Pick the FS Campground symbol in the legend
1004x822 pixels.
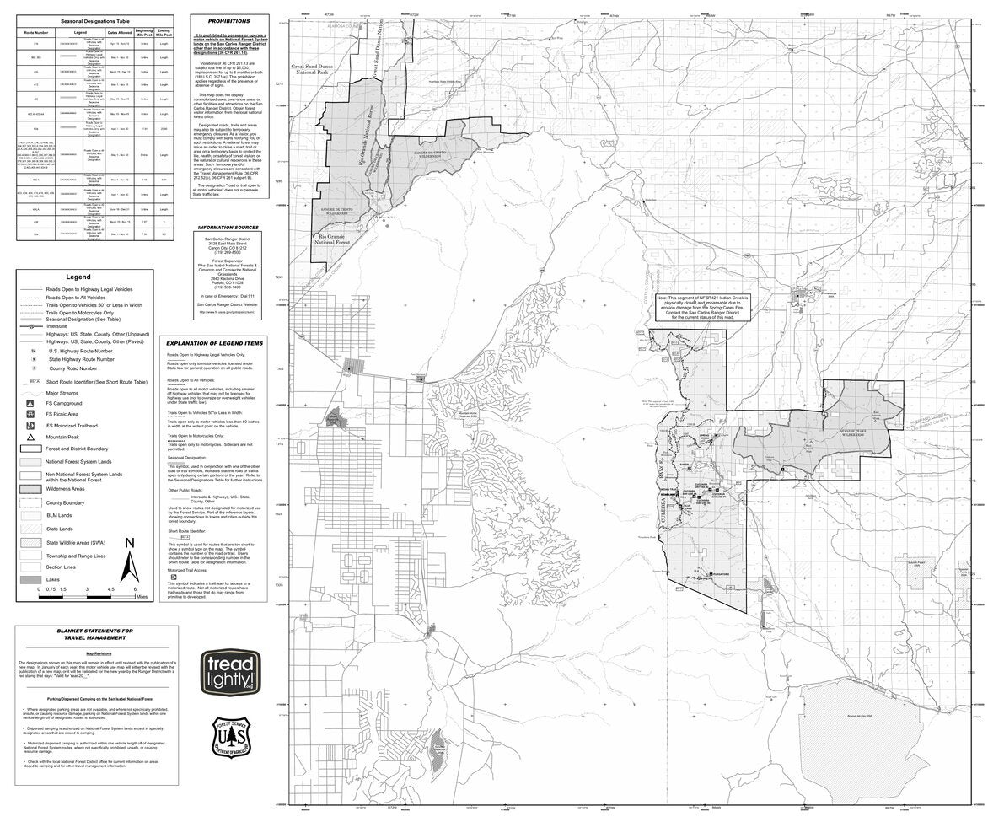pos(31,402)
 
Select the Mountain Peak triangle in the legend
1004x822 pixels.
pos(31,438)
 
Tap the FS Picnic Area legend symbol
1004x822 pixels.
pos(31,414)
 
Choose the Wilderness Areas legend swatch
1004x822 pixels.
pos(31,488)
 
